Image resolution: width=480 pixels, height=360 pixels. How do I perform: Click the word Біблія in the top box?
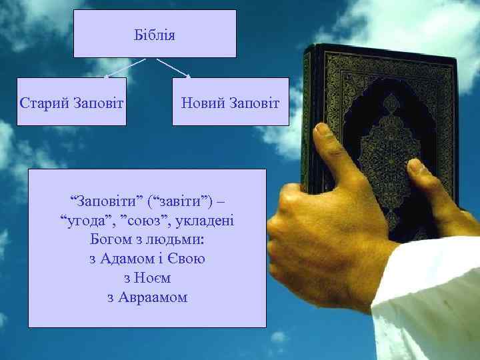click(155, 35)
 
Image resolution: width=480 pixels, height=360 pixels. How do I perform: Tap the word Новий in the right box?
click(203, 103)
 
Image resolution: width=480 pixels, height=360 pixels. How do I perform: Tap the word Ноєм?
click(153, 277)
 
